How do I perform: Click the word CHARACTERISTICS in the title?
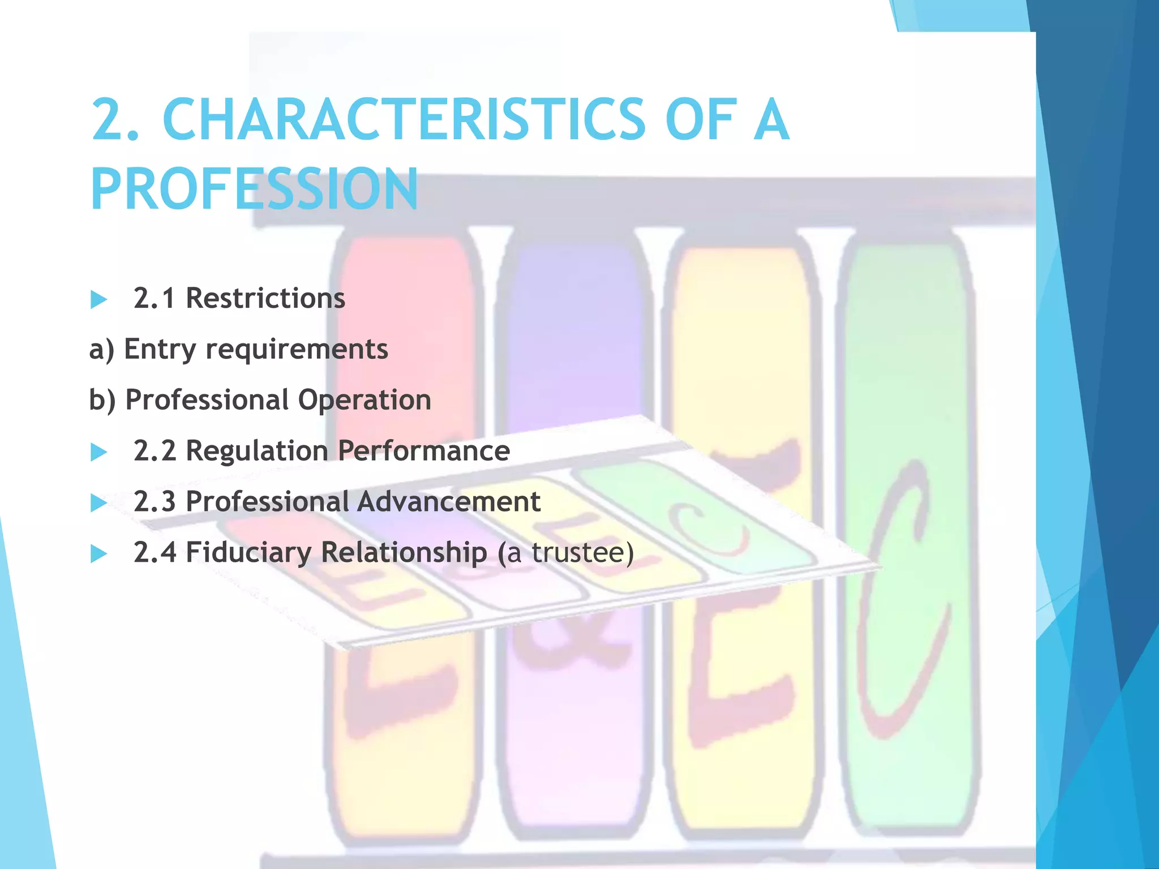(x=403, y=119)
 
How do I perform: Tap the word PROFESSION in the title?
(x=254, y=189)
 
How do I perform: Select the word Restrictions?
(x=265, y=298)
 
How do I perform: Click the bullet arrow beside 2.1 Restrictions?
(x=99, y=299)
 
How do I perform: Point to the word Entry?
(x=160, y=350)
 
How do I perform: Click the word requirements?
(x=297, y=350)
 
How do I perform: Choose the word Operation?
(x=364, y=400)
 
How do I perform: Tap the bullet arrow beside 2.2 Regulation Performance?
(x=99, y=451)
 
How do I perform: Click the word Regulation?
(x=257, y=451)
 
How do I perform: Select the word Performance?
(x=424, y=451)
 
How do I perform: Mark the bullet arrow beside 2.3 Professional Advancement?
(x=99, y=502)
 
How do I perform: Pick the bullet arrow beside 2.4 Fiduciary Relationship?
(x=99, y=553)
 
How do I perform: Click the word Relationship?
(x=404, y=553)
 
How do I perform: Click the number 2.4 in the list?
(x=154, y=553)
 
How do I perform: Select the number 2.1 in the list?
(x=154, y=298)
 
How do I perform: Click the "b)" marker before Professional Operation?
(x=102, y=400)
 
